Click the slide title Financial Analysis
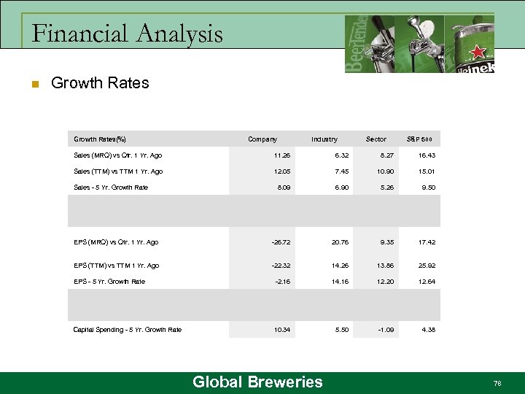tap(128, 34)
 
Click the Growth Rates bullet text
tap(100, 83)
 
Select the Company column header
tap(262, 139)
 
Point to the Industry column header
tap(324, 139)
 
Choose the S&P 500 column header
tap(419, 139)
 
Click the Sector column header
tap(376, 139)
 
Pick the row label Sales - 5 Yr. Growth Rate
tap(111, 188)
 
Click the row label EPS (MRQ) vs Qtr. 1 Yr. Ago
tap(116, 242)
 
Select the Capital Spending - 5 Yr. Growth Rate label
tap(128, 330)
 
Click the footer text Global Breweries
tap(257, 382)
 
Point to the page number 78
tap(497, 382)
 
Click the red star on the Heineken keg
tap(478, 52)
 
